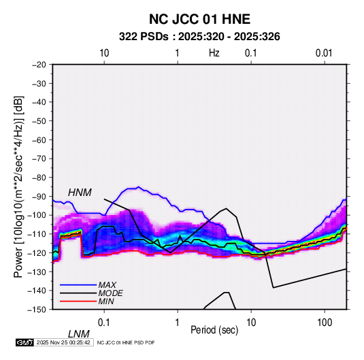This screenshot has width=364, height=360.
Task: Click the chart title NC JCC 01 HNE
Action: (x=199, y=19)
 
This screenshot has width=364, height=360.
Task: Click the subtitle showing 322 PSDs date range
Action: (x=199, y=37)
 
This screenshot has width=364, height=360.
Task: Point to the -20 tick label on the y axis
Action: (x=39, y=65)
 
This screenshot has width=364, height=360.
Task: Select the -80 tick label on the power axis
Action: (x=39, y=178)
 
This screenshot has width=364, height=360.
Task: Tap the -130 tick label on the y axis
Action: (x=37, y=272)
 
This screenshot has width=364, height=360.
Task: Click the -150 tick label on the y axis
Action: (x=37, y=310)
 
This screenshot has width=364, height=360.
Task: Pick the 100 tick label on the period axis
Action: (x=325, y=323)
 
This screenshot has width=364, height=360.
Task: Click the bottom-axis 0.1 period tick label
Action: (x=104, y=323)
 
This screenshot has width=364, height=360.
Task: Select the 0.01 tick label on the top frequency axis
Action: (x=324, y=53)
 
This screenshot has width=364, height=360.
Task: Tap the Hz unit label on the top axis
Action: (x=214, y=53)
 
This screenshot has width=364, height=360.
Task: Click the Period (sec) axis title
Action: (x=214, y=330)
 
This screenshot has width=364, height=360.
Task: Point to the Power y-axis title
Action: (x=18, y=187)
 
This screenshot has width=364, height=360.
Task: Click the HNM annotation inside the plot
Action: (x=80, y=193)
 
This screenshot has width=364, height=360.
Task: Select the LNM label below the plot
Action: (x=79, y=334)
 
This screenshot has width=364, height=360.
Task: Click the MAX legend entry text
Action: (x=107, y=285)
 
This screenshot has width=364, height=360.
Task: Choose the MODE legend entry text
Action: (x=110, y=293)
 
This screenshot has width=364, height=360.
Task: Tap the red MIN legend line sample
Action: (x=78, y=301)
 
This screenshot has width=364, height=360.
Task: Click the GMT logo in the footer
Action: (x=24, y=342)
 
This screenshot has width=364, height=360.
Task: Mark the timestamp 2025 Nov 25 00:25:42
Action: (x=63, y=342)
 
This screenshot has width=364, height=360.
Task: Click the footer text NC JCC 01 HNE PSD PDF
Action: (x=126, y=342)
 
